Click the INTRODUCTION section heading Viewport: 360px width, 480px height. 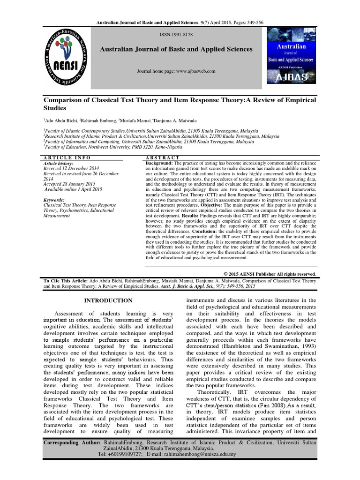pyautogui.click(x=108, y=300)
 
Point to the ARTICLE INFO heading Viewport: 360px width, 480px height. pyautogui.click(x=67, y=158)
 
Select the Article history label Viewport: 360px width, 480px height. pyautogui.click(x=59, y=163)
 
